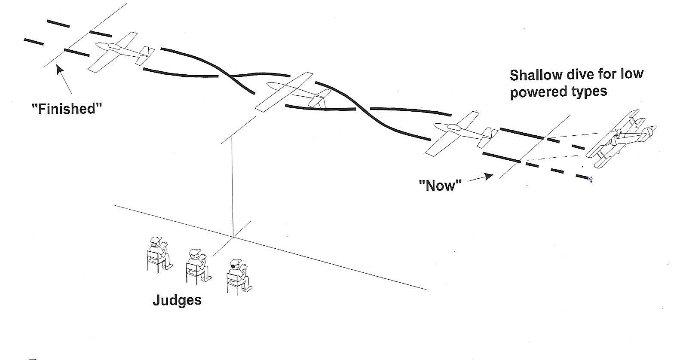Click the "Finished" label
[x=67, y=109]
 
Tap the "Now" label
[x=440, y=186]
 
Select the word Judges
[x=177, y=299]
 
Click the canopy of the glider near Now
[x=453, y=127]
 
